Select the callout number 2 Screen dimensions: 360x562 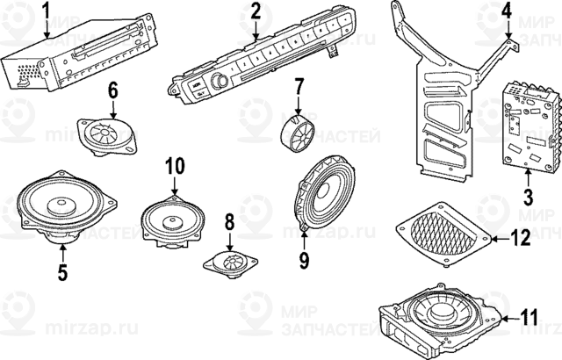256,11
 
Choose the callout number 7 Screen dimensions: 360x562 299,87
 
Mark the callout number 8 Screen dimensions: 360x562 229,220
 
